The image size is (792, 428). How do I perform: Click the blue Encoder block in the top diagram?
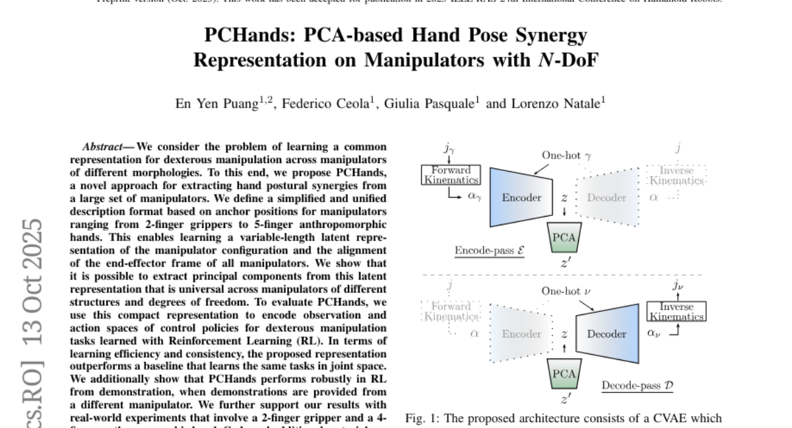(521, 197)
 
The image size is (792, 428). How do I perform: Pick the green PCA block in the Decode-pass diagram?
(564, 374)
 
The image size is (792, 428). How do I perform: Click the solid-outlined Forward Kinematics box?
(451, 174)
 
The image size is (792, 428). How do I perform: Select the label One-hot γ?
(567, 155)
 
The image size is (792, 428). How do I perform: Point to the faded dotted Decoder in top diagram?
(607, 197)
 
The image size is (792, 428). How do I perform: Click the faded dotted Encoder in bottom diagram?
(521, 334)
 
